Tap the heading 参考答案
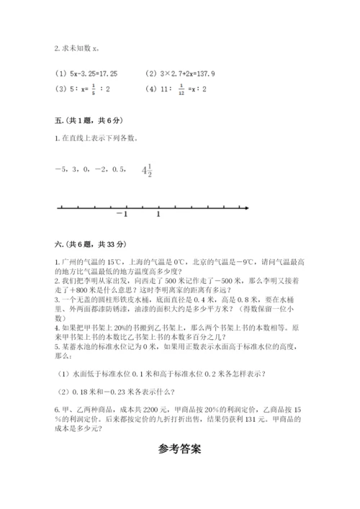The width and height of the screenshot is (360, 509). tap(179, 447)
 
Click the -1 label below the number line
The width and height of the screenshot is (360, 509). tap(122, 215)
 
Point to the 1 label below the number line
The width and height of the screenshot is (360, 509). tap(158, 215)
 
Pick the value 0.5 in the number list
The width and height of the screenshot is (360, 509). tap(117, 171)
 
